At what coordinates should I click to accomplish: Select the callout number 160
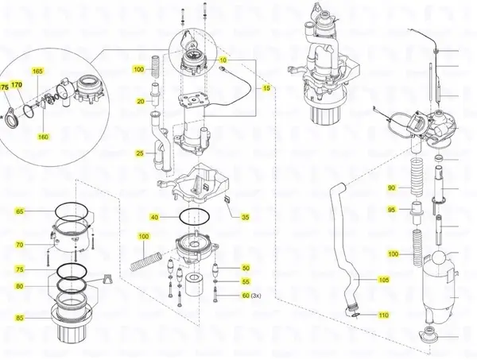pyautogui.click(x=43, y=137)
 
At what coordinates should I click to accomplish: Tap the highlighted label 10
pyautogui.click(x=223, y=60)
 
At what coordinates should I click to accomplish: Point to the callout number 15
pyautogui.click(x=267, y=87)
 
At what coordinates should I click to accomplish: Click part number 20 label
pyautogui.click(x=140, y=102)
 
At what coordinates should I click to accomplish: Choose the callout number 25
pyautogui.click(x=140, y=153)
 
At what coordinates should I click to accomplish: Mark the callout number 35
pyautogui.click(x=245, y=217)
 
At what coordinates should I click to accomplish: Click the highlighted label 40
pyautogui.click(x=154, y=217)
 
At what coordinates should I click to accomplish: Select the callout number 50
pyautogui.click(x=246, y=268)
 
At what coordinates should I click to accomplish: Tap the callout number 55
pyautogui.click(x=246, y=282)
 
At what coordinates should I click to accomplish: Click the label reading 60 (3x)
pyautogui.click(x=250, y=296)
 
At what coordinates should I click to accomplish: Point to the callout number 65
pyautogui.click(x=20, y=212)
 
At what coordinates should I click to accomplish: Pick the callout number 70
pyautogui.click(x=20, y=244)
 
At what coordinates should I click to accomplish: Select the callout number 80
pyautogui.click(x=20, y=286)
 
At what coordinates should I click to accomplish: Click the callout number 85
pyautogui.click(x=20, y=318)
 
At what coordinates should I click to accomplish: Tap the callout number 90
pyautogui.click(x=391, y=188)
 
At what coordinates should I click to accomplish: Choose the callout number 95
pyautogui.click(x=391, y=210)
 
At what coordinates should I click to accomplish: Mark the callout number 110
pyautogui.click(x=383, y=315)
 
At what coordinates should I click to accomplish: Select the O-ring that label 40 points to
pyautogui.click(x=196, y=215)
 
